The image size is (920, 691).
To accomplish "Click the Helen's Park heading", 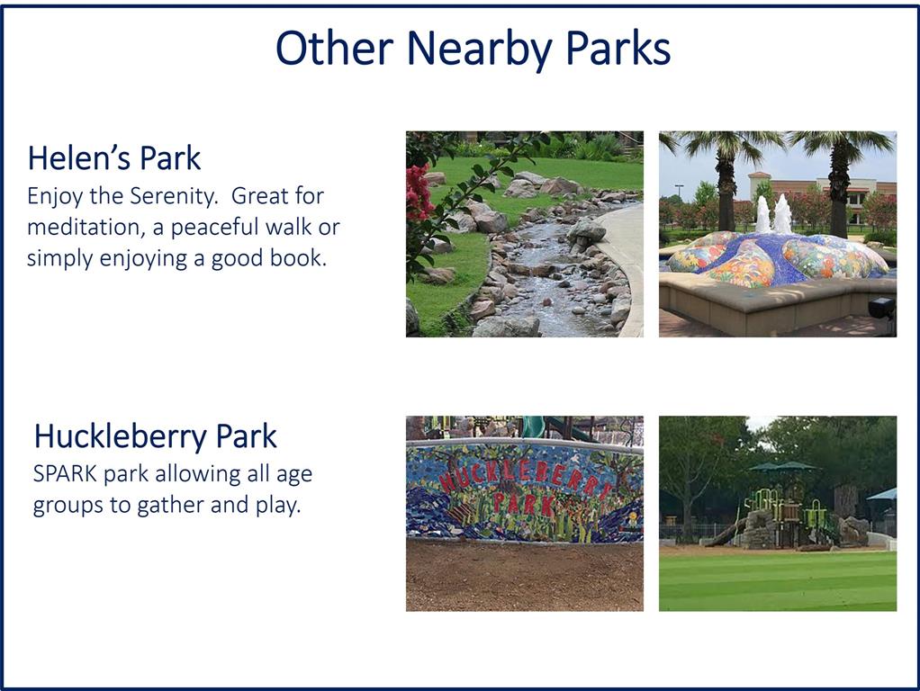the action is coord(114,158).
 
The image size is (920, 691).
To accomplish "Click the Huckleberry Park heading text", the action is coord(156,436).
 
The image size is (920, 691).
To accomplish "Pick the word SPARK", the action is coord(65,473).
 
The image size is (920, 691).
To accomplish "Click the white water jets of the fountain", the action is coord(773,214).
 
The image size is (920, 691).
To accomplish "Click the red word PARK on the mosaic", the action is coord(523,504).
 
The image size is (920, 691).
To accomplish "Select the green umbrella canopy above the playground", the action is coord(783,467).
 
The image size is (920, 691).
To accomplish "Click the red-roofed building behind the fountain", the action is coord(821,193).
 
